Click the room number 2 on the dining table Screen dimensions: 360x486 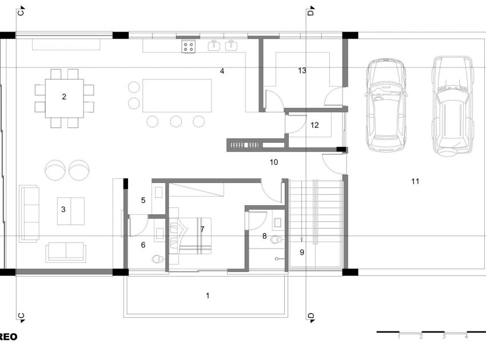pos(64,97)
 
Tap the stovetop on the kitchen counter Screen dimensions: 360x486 pos(189,47)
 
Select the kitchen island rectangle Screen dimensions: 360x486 pos(177,95)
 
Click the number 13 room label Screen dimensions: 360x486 pos(302,70)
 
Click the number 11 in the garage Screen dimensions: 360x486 pos(415,181)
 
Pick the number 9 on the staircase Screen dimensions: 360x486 pos(302,251)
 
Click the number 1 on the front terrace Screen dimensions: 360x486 pos(208,295)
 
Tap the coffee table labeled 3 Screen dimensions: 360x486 pos(70,210)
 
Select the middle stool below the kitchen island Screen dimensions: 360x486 pos(176,121)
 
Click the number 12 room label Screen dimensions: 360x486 pos(315,125)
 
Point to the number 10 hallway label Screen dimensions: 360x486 pos(274,162)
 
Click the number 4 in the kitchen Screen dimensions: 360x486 pos(221,71)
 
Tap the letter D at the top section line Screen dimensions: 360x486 pos(310,11)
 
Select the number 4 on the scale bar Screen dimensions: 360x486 pos(466,337)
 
